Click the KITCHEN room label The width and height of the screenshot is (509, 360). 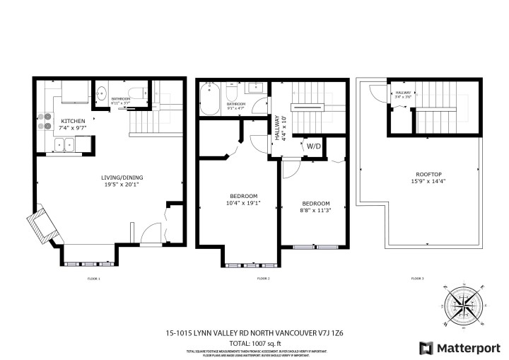click(x=73, y=121)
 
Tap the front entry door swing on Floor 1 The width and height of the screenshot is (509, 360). click(x=151, y=233)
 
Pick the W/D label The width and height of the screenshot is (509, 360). click(x=312, y=146)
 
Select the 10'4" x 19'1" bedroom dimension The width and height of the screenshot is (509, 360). click(x=243, y=203)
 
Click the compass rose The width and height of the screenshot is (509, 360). click(x=463, y=306)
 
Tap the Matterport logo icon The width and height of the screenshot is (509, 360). click(x=426, y=347)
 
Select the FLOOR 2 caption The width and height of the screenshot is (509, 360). click(x=263, y=279)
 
